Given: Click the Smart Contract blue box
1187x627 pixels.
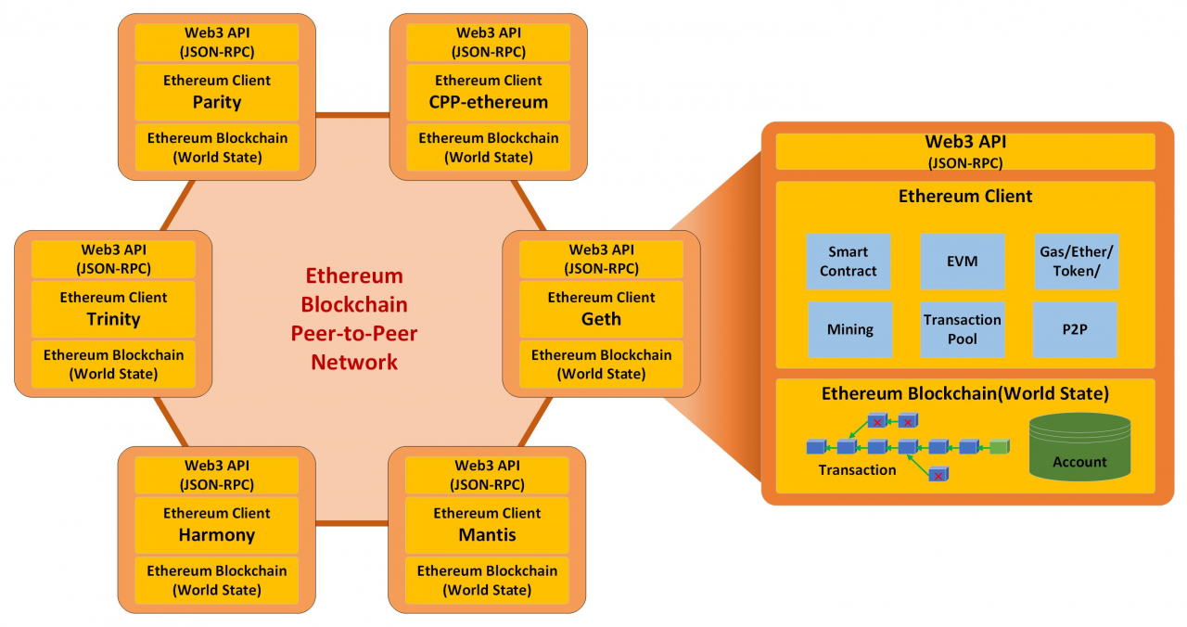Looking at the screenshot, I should pyautogui.click(x=849, y=262).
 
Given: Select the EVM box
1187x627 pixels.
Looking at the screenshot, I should pyautogui.click(x=963, y=262).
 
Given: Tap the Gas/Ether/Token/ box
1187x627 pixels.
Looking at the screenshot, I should pyautogui.click(x=1076, y=262).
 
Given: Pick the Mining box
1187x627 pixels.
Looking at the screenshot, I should pyautogui.click(x=849, y=329).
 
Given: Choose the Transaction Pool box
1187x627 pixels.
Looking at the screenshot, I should pyautogui.click(x=963, y=329).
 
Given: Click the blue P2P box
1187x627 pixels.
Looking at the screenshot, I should pyautogui.click(x=1075, y=329).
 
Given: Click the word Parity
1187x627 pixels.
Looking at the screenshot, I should pyautogui.click(x=217, y=102).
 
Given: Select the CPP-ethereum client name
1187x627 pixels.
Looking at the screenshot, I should pyautogui.click(x=489, y=102).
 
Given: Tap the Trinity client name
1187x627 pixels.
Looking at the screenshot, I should pyautogui.click(x=113, y=319).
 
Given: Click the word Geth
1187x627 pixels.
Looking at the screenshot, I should pyautogui.click(x=602, y=319).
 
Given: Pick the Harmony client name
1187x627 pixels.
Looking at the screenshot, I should pyautogui.click(x=217, y=535).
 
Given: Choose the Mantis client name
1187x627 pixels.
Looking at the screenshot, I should pyautogui.click(x=488, y=535).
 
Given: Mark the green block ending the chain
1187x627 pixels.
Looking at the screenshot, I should pyautogui.click(x=999, y=447).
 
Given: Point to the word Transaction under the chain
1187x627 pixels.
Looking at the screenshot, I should pyautogui.click(x=857, y=470).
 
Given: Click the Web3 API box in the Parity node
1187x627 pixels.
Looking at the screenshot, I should pyautogui.click(x=217, y=42).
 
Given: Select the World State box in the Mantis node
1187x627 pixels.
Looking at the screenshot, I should pyautogui.click(x=488, y=581).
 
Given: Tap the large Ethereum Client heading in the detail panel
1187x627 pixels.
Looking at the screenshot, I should pyautogui.click(x=965, y=197).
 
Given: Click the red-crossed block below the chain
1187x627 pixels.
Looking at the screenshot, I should pyautogui.click(x=938, y=475).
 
